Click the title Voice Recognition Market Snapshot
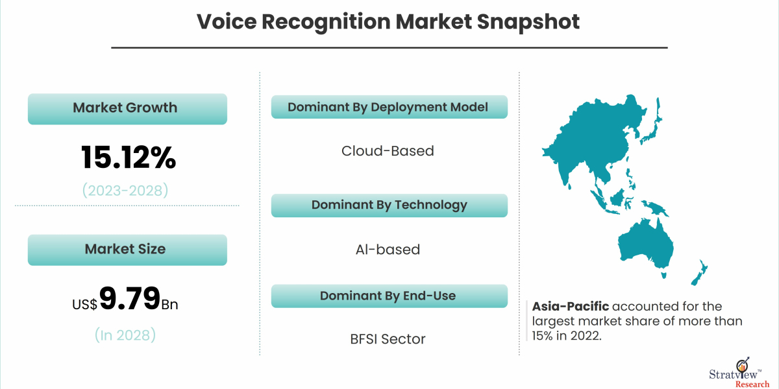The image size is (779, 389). pos(388,22)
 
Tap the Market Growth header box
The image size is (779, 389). pos(127,108)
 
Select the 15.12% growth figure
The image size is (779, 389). pos(128,157)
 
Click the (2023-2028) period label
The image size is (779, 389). pos(125,191)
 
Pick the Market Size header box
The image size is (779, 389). pos(127,250)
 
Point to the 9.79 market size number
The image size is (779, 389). pos(130,299)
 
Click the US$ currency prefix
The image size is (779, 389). pos(85,303)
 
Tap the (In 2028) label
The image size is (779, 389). pos(125,335)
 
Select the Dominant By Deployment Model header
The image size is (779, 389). pos(388,107)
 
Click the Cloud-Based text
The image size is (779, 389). pos(388,151)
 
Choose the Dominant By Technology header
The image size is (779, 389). pos(389,206)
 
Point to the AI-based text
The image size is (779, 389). pos(388,250)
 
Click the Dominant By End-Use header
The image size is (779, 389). pos(388,296)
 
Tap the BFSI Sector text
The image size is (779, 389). pos(388,339)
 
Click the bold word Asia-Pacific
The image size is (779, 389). pos(570,306)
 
